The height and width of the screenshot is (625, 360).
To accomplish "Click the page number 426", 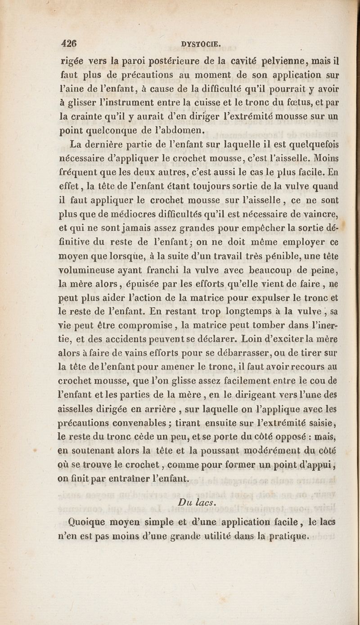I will click(70, 44).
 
